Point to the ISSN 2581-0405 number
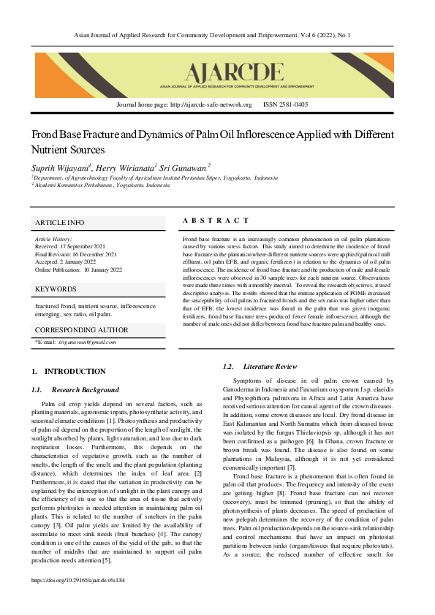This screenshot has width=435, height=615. click(285, 105)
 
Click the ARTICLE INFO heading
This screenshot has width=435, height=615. click(60, 222)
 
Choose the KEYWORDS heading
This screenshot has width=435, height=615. click(56, 289)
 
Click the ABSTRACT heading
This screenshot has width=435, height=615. click(216, 221)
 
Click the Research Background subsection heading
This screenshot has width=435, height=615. click(85, 390)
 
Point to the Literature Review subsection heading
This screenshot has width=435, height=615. click(270, 366)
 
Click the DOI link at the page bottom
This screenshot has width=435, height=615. click(77, 601)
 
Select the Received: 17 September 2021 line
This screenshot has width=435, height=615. click(70, 246)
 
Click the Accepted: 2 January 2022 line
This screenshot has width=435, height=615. click(65, 261)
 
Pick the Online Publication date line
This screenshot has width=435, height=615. click(78, 270)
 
